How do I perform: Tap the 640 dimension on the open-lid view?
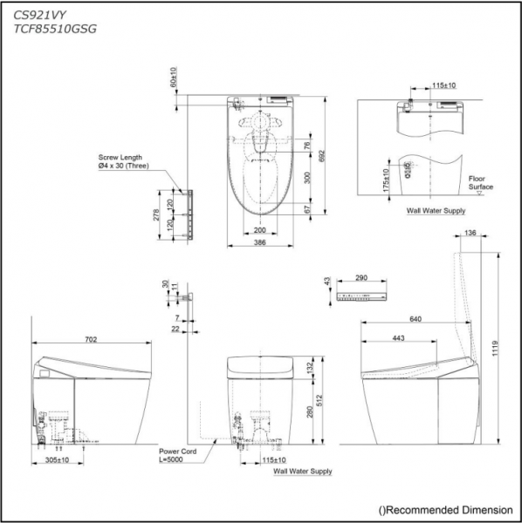coord(416,320)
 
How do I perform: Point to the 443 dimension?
coord(398,338)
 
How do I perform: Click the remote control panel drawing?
coord(361,298)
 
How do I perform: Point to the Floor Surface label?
coord(482,181)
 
